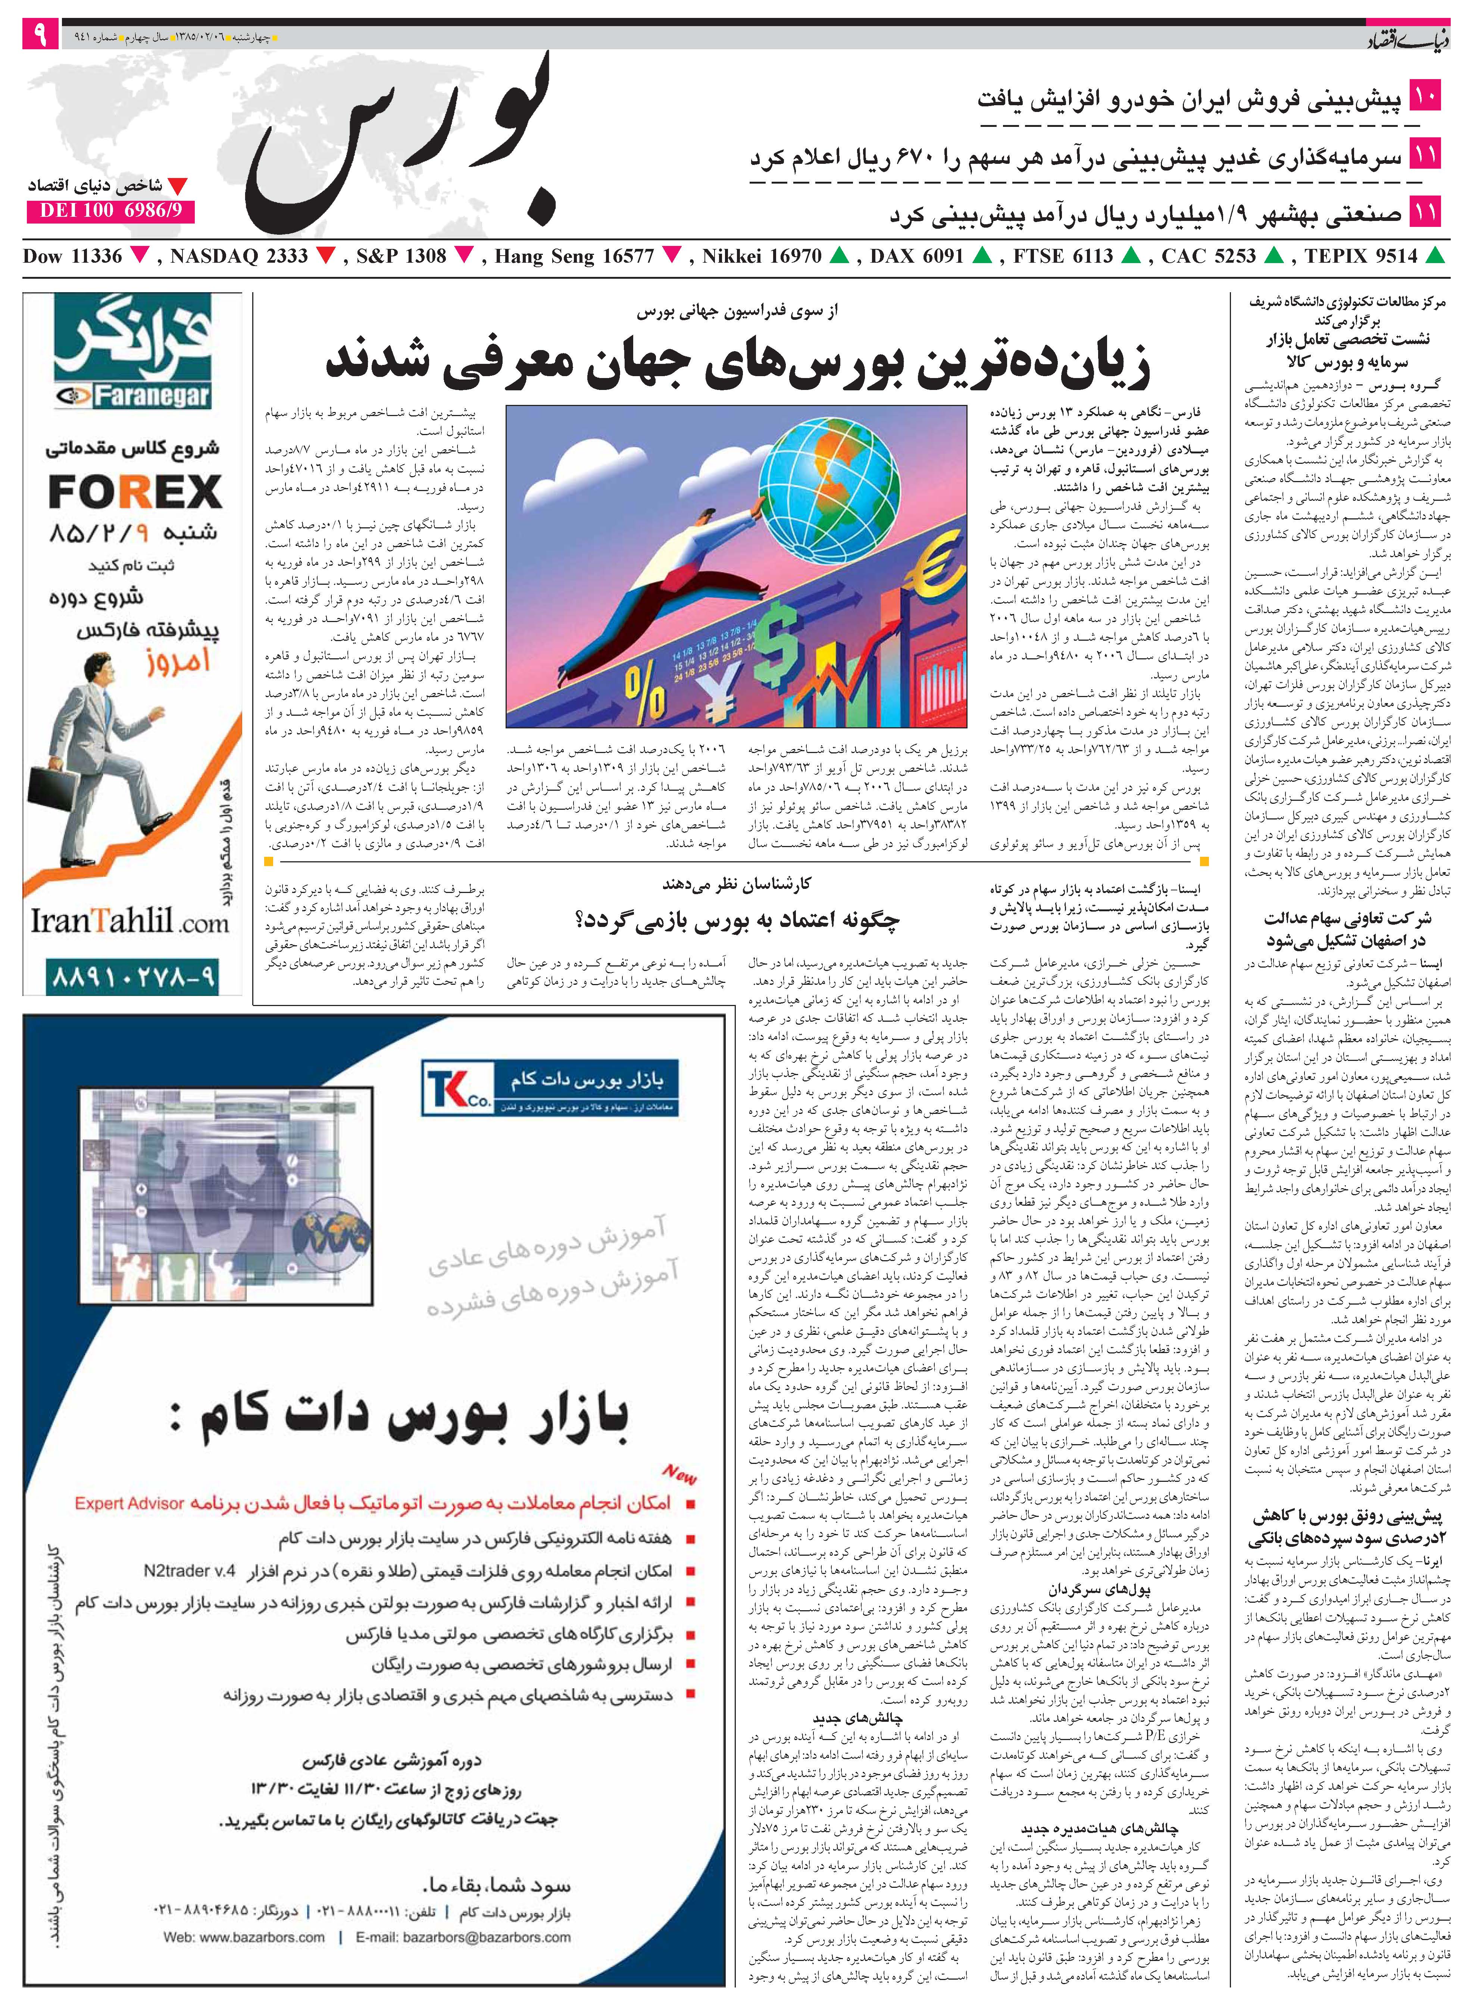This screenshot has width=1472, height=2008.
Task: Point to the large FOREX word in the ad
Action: (135, 492)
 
